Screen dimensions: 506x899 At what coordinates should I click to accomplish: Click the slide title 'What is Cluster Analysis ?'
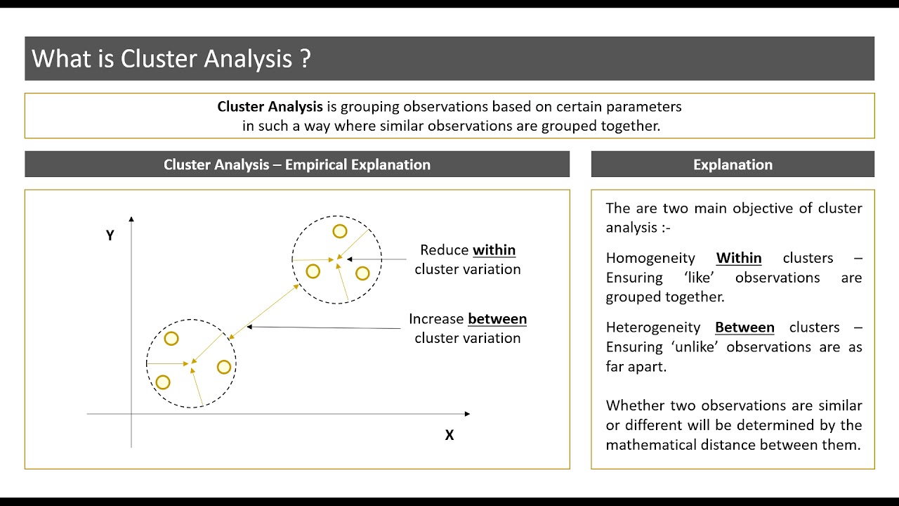pos(171,58)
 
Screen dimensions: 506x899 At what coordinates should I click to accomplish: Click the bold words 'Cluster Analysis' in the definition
pos(270,107)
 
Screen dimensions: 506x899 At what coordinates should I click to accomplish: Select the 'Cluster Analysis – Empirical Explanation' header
pos(297,164)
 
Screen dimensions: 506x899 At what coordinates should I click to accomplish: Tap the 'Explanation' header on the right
pos(733,164)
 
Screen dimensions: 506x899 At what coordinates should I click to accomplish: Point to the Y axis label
pos(110,235)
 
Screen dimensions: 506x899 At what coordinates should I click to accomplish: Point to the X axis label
pos(449,435)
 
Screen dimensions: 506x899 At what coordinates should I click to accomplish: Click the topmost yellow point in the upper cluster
pos(339,231)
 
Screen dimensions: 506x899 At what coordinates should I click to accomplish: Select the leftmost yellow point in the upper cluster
pos(313,271)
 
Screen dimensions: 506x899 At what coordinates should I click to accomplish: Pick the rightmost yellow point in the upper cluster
pos(362,273)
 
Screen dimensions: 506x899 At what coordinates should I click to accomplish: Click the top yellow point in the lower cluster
pos(171,339)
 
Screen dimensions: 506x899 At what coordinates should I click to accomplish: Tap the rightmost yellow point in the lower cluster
pos(224,367)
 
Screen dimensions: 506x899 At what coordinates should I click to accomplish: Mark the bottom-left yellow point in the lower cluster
pos(163,382)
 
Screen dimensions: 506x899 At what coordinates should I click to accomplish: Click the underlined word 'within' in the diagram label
pos(494,250)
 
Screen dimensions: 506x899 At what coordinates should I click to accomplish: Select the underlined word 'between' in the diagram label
pos(497,319)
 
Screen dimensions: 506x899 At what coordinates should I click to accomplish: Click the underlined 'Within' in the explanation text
pos(738,258)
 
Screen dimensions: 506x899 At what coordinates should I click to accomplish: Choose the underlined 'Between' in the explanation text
pos(744,327)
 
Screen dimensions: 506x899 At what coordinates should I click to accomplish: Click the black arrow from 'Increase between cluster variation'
pos(323,327)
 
